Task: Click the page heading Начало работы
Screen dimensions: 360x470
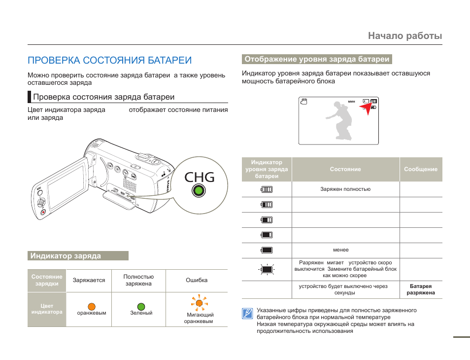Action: (404, 36)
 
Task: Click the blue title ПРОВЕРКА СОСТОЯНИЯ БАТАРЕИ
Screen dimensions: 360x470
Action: (109, 60)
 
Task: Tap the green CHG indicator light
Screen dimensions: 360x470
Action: (198, 191)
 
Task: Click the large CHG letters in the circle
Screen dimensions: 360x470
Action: (200, 176)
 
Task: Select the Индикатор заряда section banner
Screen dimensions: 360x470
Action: (78, 256)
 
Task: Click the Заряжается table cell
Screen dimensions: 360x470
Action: (89, 280)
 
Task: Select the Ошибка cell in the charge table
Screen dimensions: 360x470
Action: (197, 280)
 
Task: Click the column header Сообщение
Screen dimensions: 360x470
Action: (420, 169)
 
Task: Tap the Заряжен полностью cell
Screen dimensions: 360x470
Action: (345, 189)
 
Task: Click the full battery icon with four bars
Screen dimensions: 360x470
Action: (267, 189)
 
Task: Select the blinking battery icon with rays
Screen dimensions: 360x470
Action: (267, 269)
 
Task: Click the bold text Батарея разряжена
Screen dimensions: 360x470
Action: (420, 289)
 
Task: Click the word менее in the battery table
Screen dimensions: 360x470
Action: (341, 250)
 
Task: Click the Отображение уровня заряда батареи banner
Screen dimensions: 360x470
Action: (317, 59)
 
